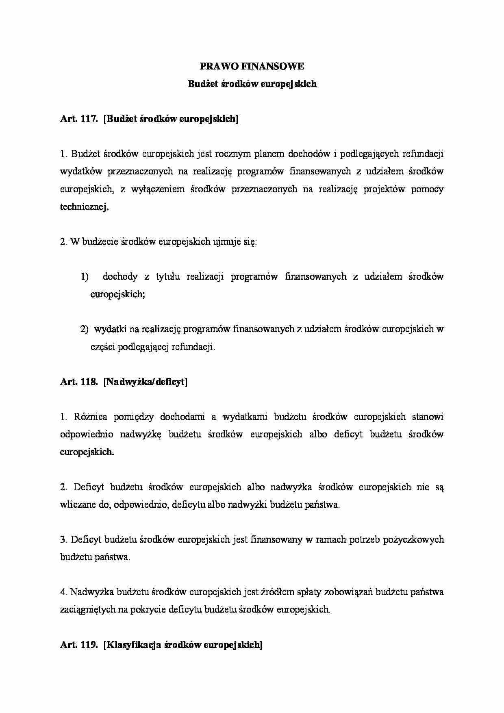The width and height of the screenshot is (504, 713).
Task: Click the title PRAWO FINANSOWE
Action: tap(252, 66)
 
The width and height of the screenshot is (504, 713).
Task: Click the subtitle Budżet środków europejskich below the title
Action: tap(252, 84)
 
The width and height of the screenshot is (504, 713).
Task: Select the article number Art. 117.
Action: tap(78, 119)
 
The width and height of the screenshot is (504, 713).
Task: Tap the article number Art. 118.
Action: tap(78, 382)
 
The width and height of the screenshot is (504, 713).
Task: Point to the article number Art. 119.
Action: tap(78, 645)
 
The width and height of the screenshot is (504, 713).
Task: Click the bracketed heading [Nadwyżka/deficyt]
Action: tap(146, 382)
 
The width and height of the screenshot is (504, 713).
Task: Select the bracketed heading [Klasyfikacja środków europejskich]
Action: tap(183, 645)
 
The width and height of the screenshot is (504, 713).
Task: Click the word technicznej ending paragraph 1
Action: tap(84, 207)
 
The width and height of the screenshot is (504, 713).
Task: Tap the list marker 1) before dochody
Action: tap(85, 277)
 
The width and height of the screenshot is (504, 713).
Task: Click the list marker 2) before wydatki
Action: tap(84, 329)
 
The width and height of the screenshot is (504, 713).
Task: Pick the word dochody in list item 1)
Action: tap(120, 277)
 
